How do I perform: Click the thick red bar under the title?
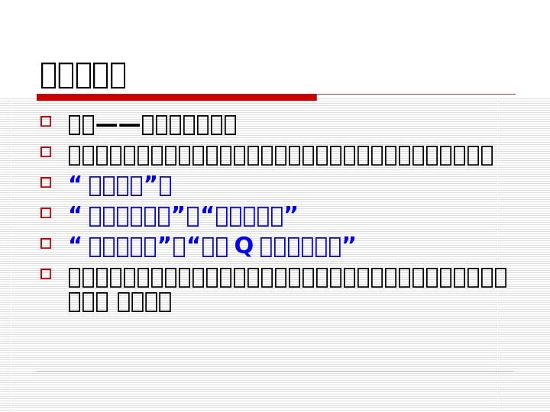pos(176,97)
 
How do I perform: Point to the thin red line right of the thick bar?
pos(416,95)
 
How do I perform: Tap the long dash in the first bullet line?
pos(118,124)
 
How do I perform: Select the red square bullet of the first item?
pos(46,121)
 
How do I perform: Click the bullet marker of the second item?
pos(46,152)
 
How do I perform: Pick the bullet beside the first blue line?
pos(46,182)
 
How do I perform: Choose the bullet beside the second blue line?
pos(46,213)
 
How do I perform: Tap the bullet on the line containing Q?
pos(46,243)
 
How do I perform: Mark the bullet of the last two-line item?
pos(46,274)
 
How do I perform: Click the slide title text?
pos(83,75)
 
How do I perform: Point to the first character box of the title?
pos(50,75)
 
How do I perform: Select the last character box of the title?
pos(115,75)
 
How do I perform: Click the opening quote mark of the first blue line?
pos(75,182)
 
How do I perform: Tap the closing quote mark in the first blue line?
pos(151,182)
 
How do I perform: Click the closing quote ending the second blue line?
pos(290,212)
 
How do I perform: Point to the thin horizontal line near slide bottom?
pos(275,372)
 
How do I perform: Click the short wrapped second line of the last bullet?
pos(120,301)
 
